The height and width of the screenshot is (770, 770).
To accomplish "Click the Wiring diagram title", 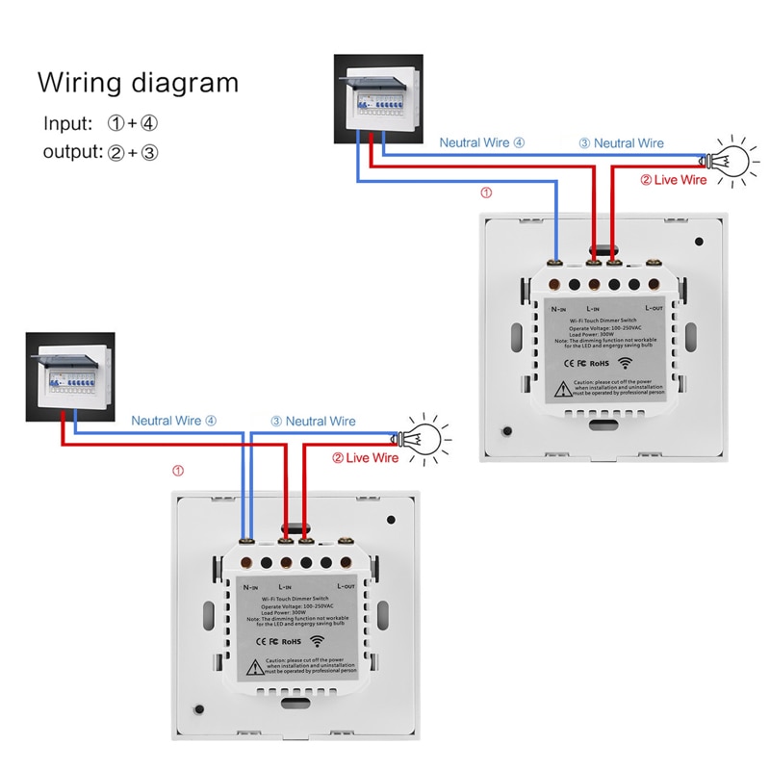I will (138, 82).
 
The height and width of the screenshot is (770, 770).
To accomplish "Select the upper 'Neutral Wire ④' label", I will (482, 142).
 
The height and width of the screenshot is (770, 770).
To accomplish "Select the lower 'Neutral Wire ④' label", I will (174, 421).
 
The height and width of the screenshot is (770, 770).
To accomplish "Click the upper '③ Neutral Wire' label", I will (621, 142).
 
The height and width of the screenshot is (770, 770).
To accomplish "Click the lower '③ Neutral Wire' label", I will (313, 421).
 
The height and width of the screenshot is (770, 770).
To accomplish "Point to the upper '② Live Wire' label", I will (673, 180).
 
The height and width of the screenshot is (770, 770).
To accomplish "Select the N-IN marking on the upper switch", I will (559, 309).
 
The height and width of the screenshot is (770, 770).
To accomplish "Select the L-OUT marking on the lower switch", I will (347, 585).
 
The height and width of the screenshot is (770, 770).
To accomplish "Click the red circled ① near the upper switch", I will (486, 192).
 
